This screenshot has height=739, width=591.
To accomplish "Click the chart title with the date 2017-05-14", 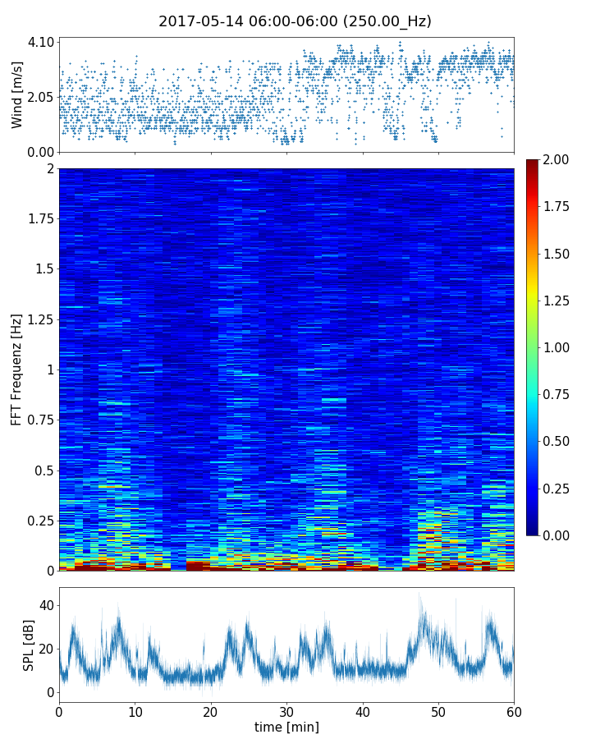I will (295, 21).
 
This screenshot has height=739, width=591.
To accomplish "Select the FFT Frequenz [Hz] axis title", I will (17, 369).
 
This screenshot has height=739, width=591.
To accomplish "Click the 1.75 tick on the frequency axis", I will (39, 219).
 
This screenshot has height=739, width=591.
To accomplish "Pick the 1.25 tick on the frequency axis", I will (39, 319).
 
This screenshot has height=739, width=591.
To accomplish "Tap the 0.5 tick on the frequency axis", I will (44, 470).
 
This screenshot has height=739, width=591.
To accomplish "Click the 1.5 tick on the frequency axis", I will (44, 269).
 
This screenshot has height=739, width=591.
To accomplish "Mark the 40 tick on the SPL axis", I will (46, 605).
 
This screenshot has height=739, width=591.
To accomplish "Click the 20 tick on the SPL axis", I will (46, 649).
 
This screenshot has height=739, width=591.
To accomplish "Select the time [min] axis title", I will (286, 727).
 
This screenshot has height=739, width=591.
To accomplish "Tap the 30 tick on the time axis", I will (286, 711).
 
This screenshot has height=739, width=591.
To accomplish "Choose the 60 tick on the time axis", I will (514, 711).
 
